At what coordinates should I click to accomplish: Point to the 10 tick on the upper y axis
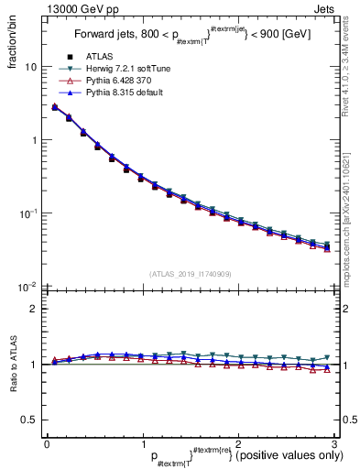coord(30,67)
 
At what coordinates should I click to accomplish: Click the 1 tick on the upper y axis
coord(33,140)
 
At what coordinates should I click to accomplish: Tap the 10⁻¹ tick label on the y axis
coord(27,213)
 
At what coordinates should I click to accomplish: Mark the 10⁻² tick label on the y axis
coord(27,286)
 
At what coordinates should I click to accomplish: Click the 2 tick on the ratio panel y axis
coord(33,309)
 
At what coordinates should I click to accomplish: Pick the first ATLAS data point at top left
coord(55,107)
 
